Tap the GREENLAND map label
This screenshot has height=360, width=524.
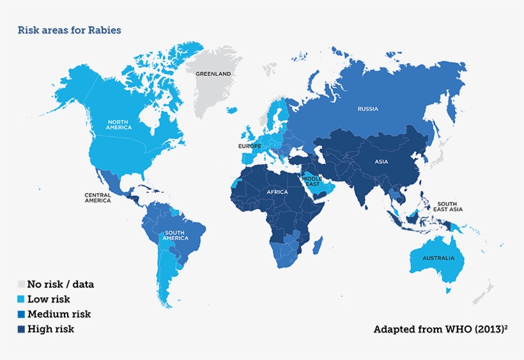(x=213, y=74)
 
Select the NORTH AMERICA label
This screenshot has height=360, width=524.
(x=119, y=125)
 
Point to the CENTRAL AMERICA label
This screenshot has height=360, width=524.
(x=98, y=198)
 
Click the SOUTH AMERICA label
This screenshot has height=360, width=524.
(x=176, y=235)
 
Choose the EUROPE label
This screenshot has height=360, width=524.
(x=250, y=146)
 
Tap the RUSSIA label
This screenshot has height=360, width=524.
(x=367, y=109)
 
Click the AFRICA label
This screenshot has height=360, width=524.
(x=277, y=192)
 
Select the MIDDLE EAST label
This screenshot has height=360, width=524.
(x=312, y=181)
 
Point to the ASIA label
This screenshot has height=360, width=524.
(x=381, y=162)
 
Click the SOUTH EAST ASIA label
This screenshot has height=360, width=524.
(x=447, y=207)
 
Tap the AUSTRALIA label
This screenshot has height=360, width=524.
(x=438, y=258)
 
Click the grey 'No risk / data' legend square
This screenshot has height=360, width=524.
(x=21, y=284)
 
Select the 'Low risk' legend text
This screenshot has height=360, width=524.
(x=49, y=299)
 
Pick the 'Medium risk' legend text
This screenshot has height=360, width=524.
(x=59, y=314)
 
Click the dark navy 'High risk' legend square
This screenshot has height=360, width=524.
(x=21, y=329)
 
